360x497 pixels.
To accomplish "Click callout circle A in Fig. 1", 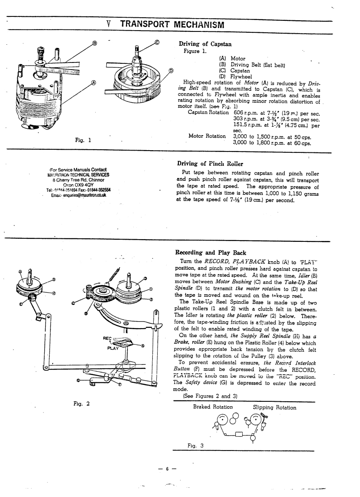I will [x=93, y=82].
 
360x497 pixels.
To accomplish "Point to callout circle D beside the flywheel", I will [x=171, y=71].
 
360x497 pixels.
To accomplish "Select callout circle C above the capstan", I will [x=157, y=43].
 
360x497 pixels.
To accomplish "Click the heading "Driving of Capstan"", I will [x=205, y=44].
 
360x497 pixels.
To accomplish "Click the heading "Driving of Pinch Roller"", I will [x=210, y=164].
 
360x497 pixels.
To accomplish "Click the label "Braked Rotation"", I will [x=213, y=407].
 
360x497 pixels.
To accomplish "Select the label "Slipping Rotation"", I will [x=275, y=407].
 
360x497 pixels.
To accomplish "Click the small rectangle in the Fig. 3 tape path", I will [x=240, y=434].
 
